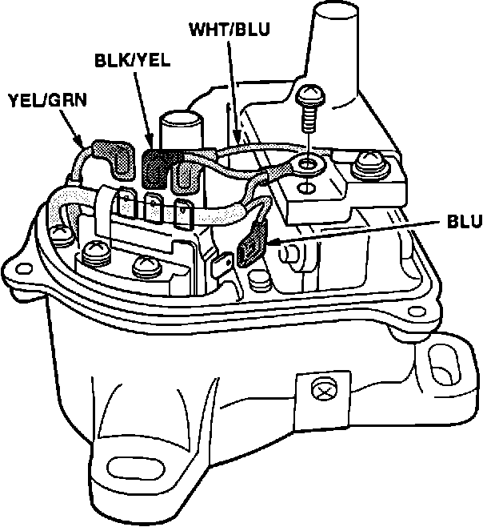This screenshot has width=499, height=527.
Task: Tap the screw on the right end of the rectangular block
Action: [x=369, y=164]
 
